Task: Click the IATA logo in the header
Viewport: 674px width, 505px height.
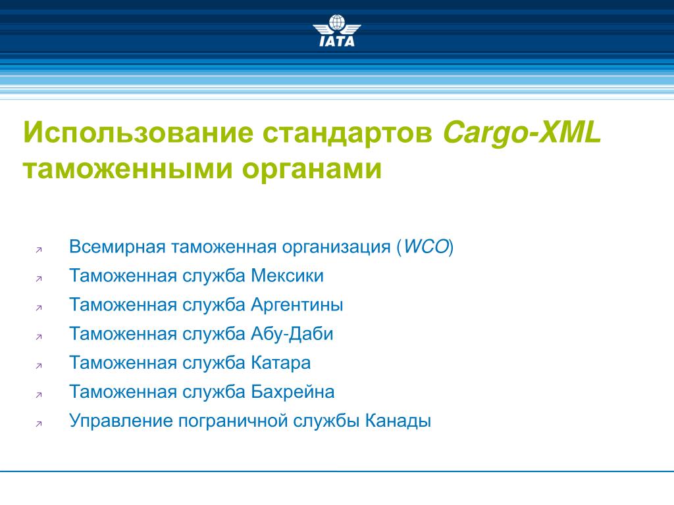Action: [x=337, y=30]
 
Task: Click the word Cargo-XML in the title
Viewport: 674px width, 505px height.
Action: [x=522, y=133]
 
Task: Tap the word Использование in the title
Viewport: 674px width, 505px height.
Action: [x=138, y=132]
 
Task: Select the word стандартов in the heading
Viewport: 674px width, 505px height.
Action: [x=348, y=133]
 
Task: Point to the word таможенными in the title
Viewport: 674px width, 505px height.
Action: [x=128, y=169]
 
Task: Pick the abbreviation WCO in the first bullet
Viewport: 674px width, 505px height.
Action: [x=427, y=247]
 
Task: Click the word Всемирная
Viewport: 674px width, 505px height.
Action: [x=117, y=247]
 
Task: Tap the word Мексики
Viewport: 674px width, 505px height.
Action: [x=287, y=276]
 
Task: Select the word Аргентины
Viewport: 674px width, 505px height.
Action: [x=297, y=305]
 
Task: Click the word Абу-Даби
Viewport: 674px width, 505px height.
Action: [x=292, y=334]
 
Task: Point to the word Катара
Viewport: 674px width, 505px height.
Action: [x=280, y=363]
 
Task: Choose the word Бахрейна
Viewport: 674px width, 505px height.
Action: [x=293, y=392]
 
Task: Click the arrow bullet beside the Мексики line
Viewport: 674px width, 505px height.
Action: [x=39, y=279]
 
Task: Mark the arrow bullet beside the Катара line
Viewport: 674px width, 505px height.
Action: [x=39, y=366]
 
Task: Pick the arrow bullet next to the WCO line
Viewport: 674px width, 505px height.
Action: [x=39, y=250]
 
